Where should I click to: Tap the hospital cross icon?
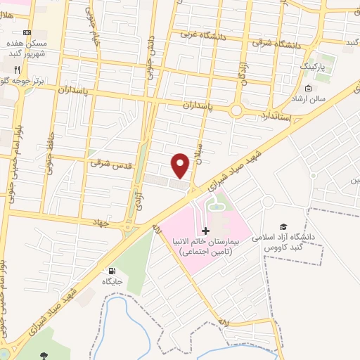(205, 231)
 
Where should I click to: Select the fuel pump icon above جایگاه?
(112, 271)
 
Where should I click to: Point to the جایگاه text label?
(112, 281)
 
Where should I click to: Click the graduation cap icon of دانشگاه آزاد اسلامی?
(283, 226)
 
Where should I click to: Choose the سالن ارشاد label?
(309, 99)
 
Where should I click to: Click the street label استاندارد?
(275, 113)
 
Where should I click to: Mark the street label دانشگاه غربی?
(200, 33)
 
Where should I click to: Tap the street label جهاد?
(103, 221)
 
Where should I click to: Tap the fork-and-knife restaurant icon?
(16, 70)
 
